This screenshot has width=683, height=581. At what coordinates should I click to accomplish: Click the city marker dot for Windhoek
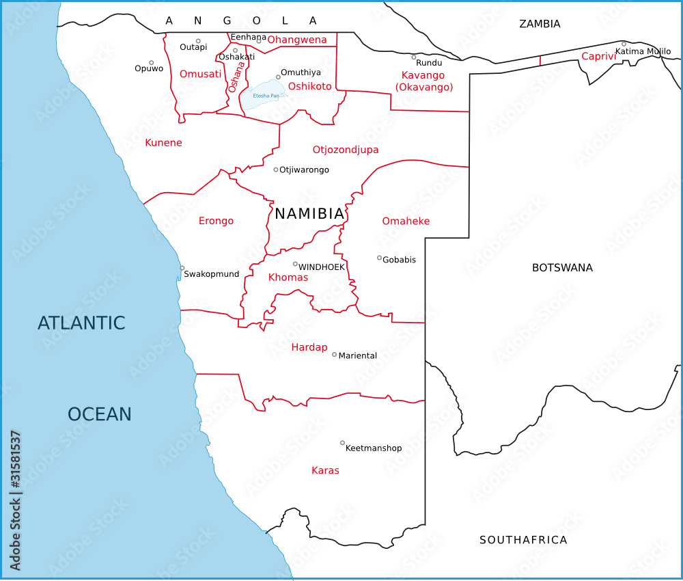(295, 264)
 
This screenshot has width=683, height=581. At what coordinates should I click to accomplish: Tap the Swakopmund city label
(212, 274)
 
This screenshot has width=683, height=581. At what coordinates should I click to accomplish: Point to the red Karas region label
(325, 470)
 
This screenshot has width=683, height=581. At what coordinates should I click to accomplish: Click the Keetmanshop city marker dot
(342, 443)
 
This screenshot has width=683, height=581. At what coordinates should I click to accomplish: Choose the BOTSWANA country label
(562, 268)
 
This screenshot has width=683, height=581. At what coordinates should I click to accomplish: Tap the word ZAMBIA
(540, 24)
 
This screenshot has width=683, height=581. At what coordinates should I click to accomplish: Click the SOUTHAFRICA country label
(523, 540)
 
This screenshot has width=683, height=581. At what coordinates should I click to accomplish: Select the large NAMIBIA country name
(309, 214)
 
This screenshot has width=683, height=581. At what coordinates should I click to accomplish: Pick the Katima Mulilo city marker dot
(624, 44)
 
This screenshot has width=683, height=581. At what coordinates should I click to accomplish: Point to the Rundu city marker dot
(413, 57)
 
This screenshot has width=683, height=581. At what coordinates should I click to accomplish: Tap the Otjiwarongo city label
(304, 170)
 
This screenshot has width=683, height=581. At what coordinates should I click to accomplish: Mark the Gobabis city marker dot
(379, 258)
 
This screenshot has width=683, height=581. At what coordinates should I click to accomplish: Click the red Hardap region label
(309, 347)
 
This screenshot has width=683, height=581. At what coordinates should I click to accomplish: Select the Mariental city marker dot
(334, 354)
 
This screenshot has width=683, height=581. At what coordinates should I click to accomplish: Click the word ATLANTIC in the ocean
(81, 323)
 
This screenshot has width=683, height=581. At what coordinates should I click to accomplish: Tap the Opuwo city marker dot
(152, 63)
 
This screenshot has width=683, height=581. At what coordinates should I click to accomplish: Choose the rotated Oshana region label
(236, 77)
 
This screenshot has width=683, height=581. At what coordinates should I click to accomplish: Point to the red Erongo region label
(216, 221)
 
